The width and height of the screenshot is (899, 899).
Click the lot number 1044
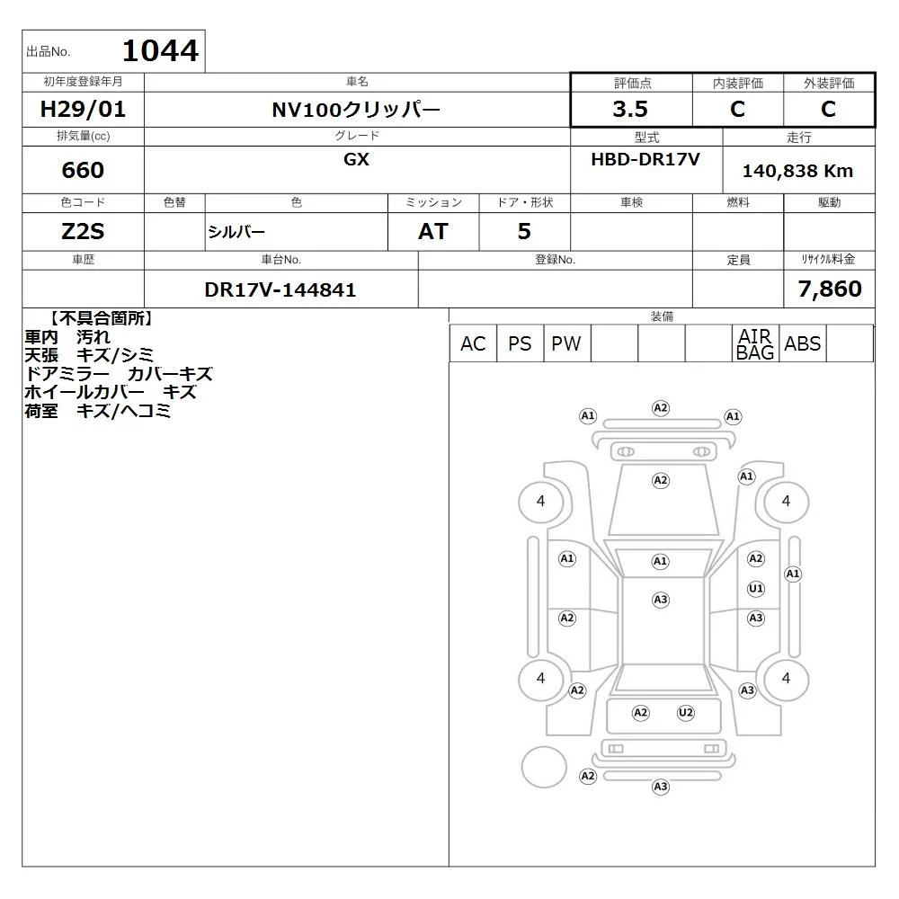(161, 50)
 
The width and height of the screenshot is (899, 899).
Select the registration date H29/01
(83, 109)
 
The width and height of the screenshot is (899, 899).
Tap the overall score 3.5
(630, 109)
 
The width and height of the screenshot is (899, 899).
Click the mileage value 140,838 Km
(797, 171)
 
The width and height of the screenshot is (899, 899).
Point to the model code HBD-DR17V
(645, 159)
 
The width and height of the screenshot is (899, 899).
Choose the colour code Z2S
(83, 232)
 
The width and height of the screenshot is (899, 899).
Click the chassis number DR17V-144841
(280, 290)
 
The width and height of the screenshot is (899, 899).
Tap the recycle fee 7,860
(830, 289)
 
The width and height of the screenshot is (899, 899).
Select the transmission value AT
(433, 232)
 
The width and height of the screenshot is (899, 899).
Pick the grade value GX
(356, 159)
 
